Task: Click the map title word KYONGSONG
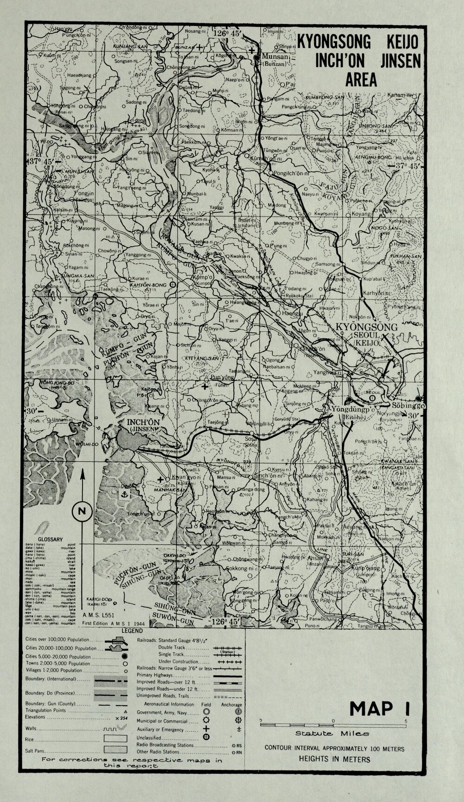334,43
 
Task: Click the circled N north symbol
82,512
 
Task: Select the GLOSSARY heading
50,539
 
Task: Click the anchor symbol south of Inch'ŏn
124,495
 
